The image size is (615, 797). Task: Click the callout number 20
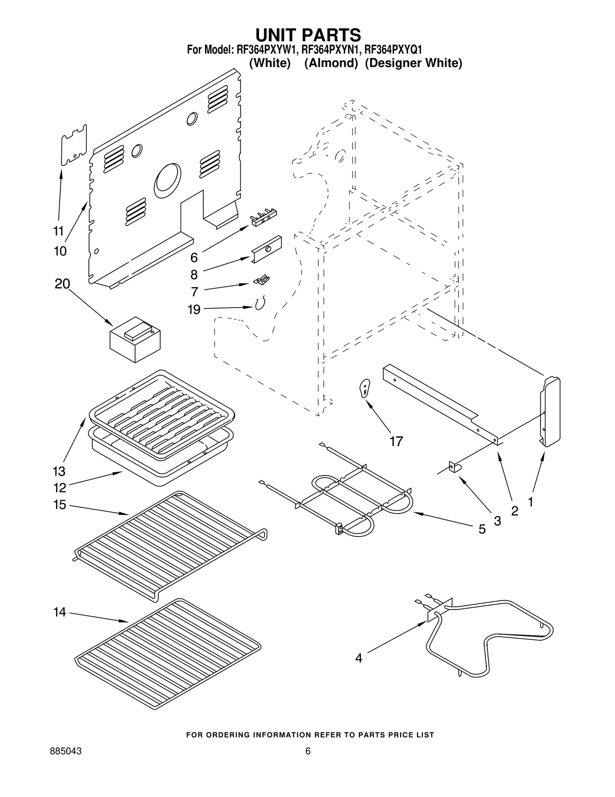click(x=62, y=284)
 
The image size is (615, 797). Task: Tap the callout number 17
click(x=396, y=441)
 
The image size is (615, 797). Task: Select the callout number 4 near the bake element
click(x=359, y=658)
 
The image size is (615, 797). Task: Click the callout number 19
click(x=194, y=309)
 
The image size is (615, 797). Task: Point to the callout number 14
click(x=60, y=612)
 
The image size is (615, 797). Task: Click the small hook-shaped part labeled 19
click(x=260, y=304)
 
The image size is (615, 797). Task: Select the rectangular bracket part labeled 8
click(x=267, y=249)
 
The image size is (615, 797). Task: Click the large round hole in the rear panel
click(x=167, y=180)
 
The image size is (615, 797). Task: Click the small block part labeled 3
click(x=455, y=467)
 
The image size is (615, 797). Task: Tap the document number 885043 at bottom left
click(x=66, y=762)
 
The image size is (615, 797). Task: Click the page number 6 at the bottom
click(x=307, y=762)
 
